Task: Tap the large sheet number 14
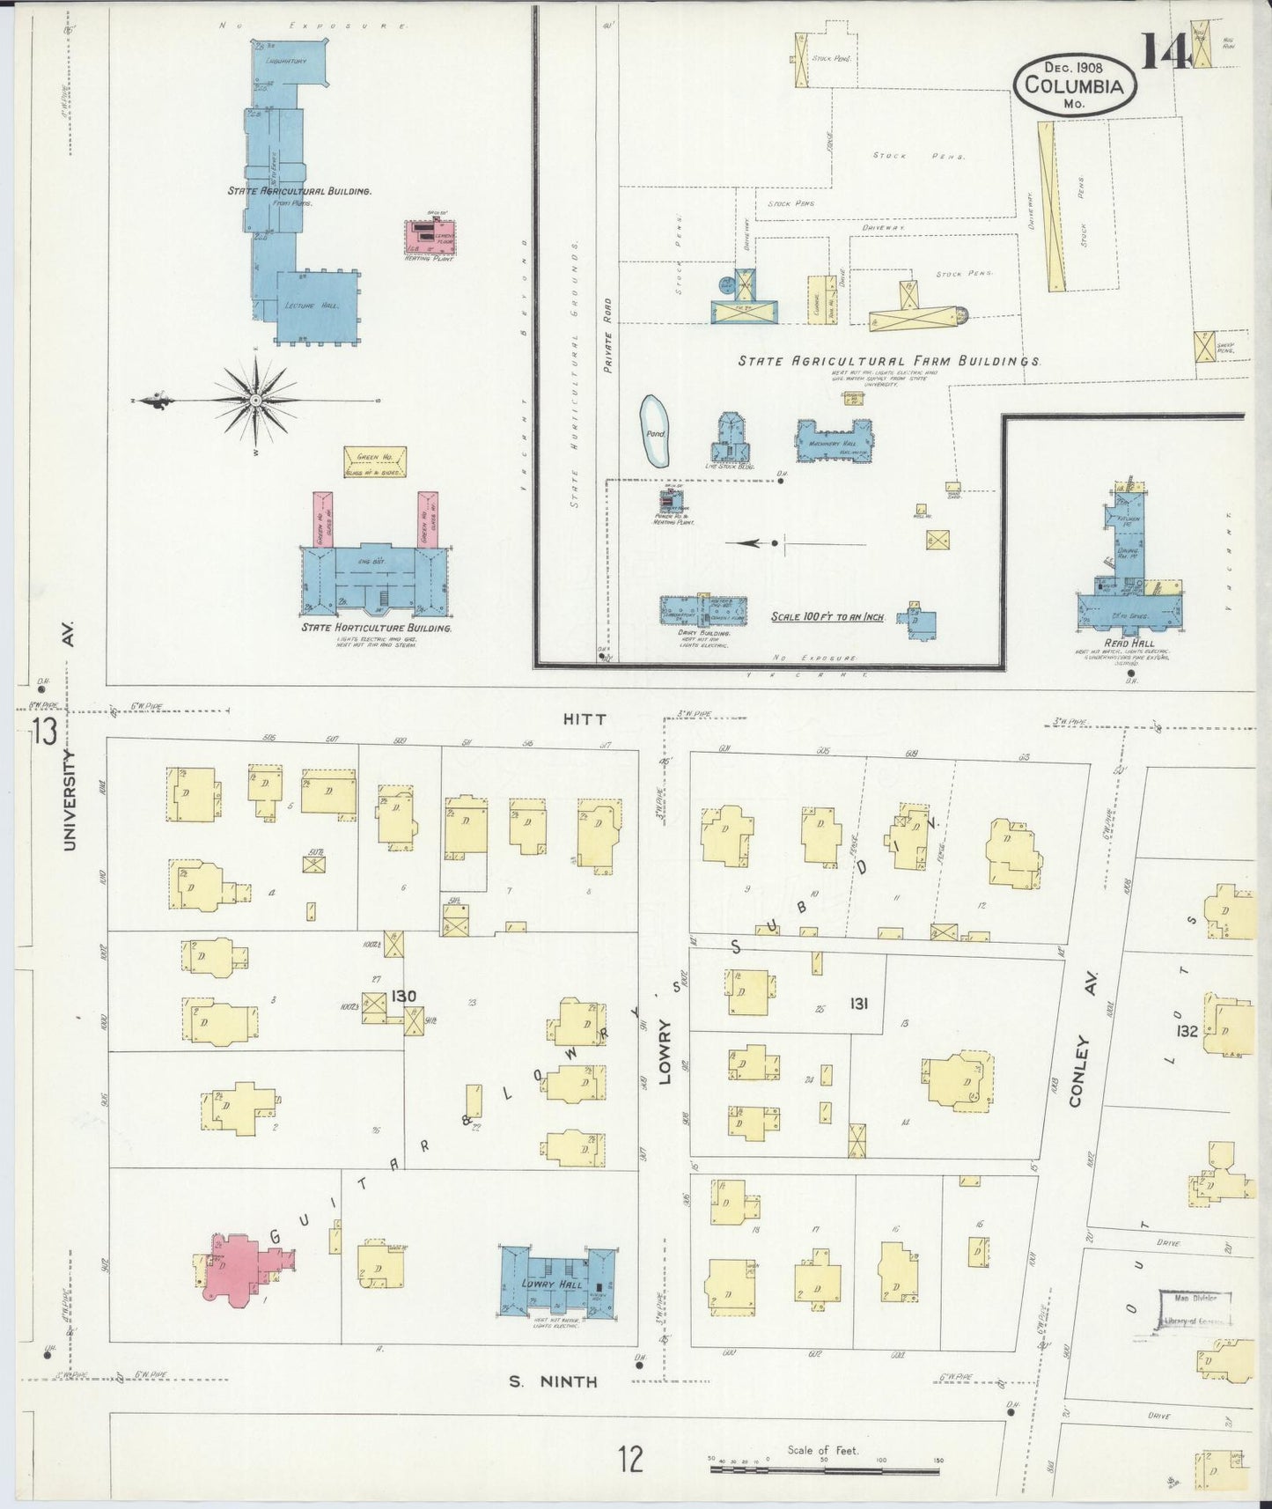pos(1167,51)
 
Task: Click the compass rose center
pos(254,401)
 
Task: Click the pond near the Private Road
pos(655,431)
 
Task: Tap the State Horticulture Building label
pos(377,629)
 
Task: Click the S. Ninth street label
pos(554,1382)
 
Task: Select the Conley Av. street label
pos(1084,1070)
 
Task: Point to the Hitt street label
pos(585,719)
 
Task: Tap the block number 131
pos(859,1003)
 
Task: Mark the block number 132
pos(1187,1030)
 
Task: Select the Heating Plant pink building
pos(429,234)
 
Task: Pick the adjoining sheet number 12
pos(630,1459)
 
